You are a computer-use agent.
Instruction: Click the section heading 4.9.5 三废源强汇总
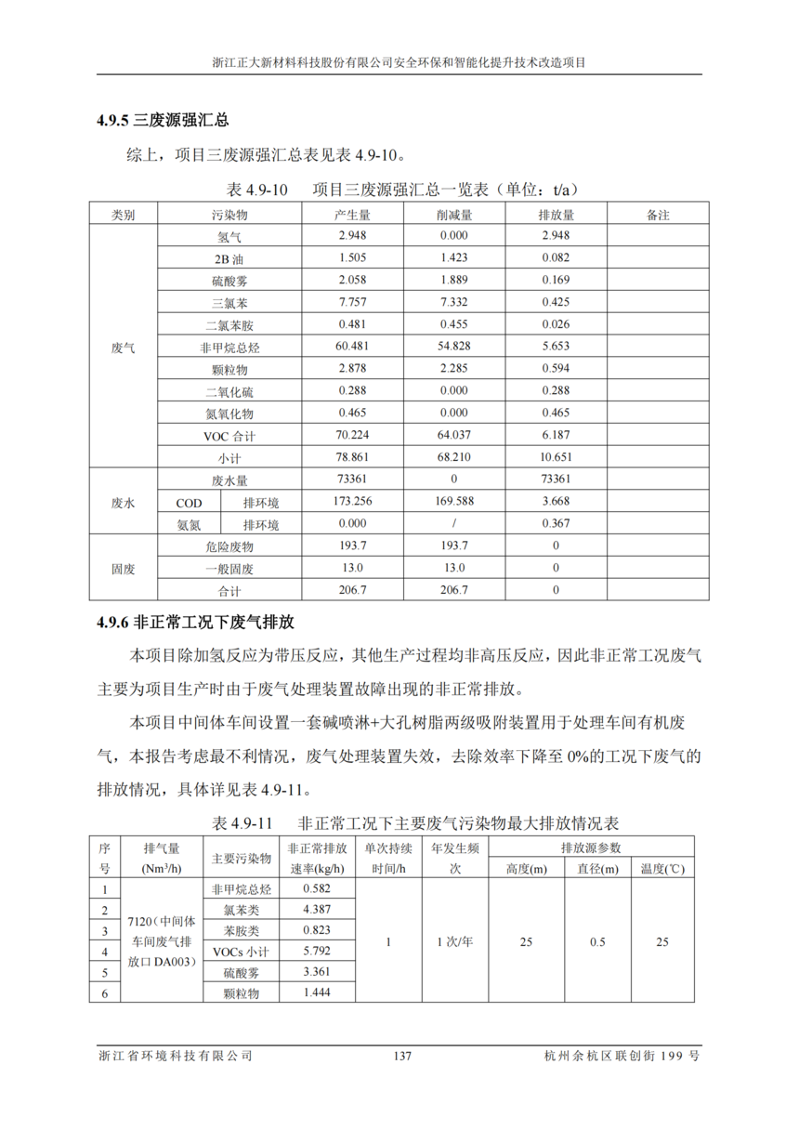(x=163, y=121)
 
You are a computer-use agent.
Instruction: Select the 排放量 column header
(x=556, y=215)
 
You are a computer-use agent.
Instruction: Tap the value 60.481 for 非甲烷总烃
(x=354, y=347)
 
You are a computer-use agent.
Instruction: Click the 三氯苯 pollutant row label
(x=229, y=303)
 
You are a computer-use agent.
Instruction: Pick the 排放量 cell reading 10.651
(x=556, y=457)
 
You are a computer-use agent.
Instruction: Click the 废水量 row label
(x=229, y=480)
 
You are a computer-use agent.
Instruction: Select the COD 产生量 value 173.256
(x=354, y=502)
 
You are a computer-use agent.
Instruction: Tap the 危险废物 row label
(x=229, y=546)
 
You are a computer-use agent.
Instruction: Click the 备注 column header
(x=657, y=215)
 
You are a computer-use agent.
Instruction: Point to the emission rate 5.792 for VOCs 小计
(x=317, y=952)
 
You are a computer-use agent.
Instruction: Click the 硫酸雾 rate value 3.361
(x=317, y=972)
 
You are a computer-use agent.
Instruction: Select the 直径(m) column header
(x=597, y=869)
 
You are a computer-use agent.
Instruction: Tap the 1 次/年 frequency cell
(x=455, y=941)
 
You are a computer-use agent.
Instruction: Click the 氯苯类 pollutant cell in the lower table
(x=242, y=910)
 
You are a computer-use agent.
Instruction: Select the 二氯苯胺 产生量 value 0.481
(x=354, y=324)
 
